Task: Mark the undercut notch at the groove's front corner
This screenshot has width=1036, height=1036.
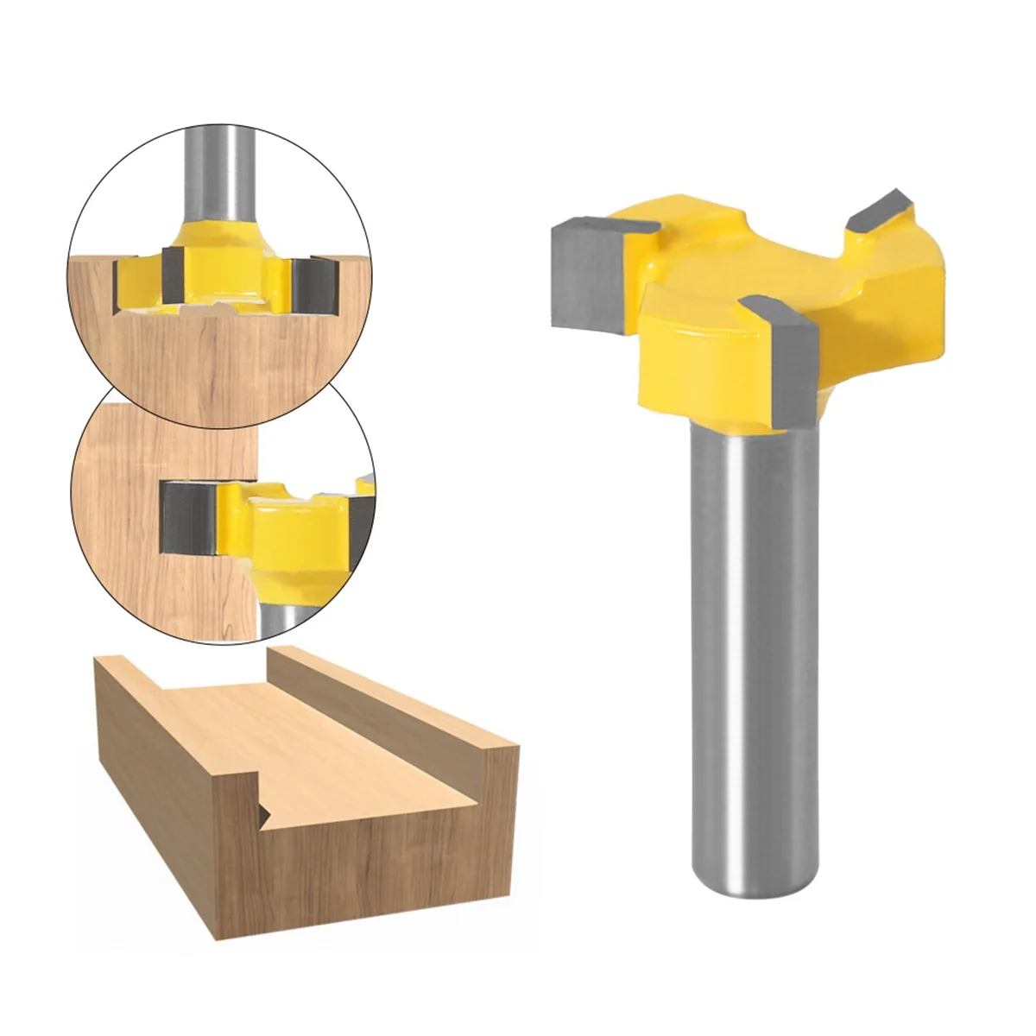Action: tap(262, 808)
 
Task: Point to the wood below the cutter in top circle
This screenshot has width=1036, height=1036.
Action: tap(216, 363)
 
